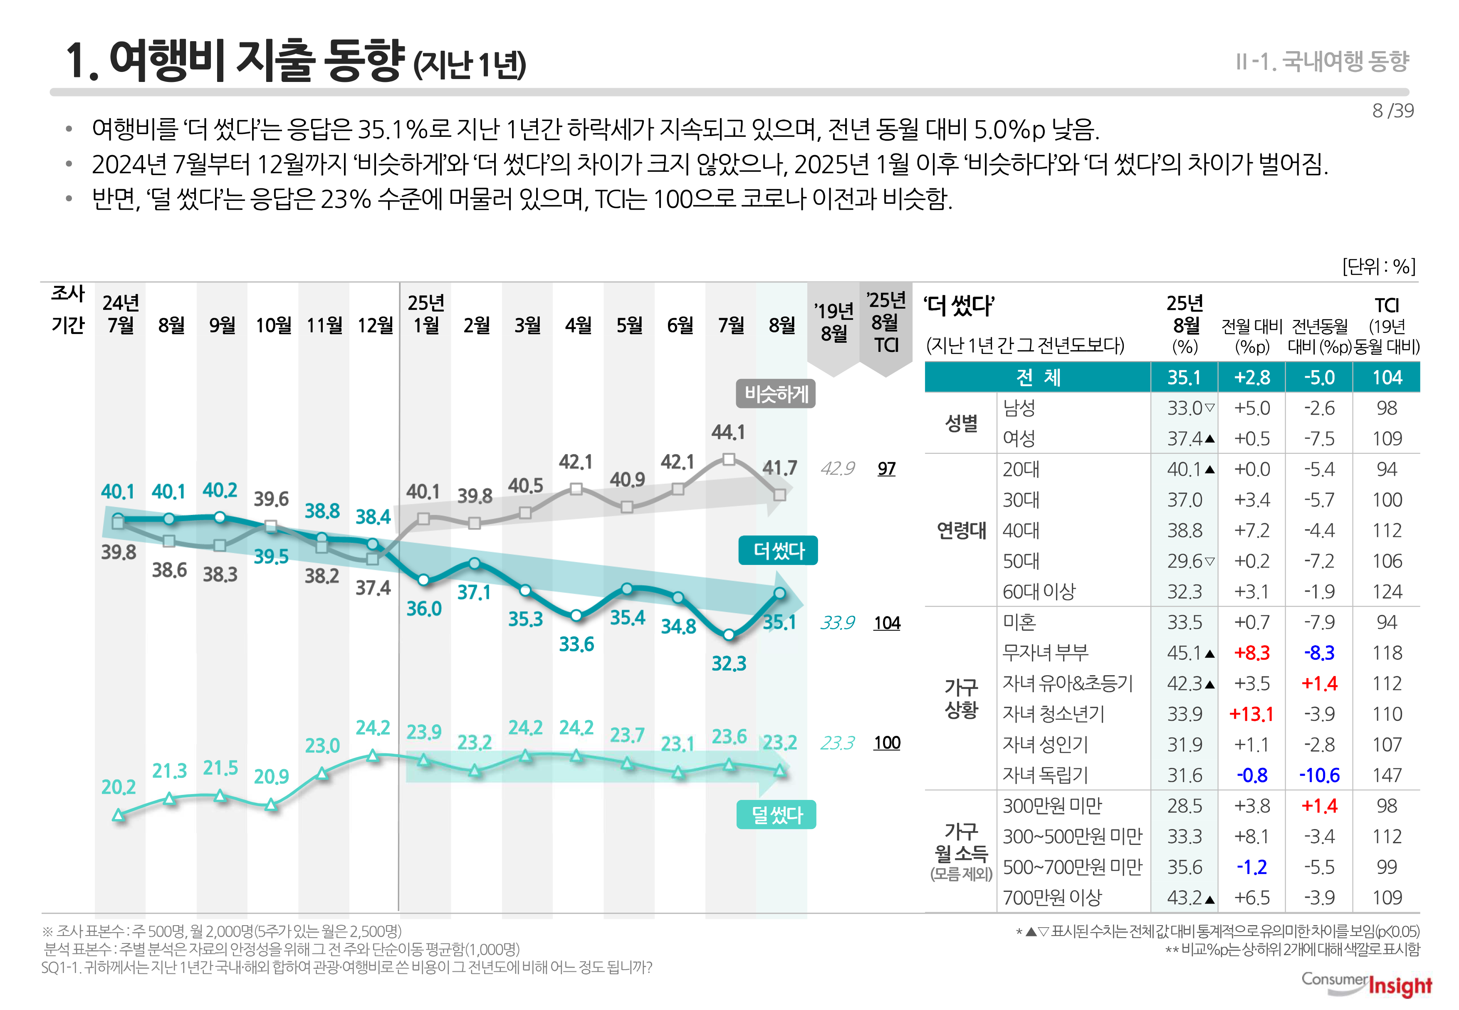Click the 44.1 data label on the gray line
[x=728, y=432]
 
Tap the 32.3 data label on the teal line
[x=729, y=663]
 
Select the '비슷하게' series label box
[x=776, y=394]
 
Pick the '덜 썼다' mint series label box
[x=776, y=814]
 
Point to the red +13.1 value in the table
[x=1251, y=714]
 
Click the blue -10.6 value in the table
[x=1319, y=775]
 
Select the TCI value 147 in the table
[x=1387, y=775]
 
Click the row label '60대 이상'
[x=1039, y=592]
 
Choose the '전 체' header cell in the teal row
[x=1038, y=377]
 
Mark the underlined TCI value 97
[x=886, y=469]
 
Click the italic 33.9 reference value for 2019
[x=837, y=623]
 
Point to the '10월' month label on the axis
[x=273, y=325]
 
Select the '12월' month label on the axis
[x=375, y=325]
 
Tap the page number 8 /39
[x=1392, y=111]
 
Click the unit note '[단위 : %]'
[x=1379, y=266]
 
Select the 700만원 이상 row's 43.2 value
[x=1185, y=897]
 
